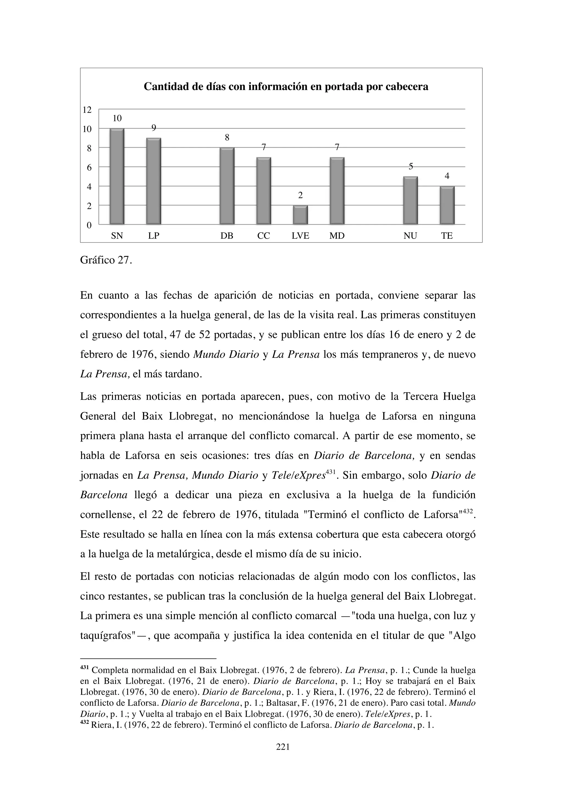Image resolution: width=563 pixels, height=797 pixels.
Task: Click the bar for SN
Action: pyautogui.click(x=117, y=177)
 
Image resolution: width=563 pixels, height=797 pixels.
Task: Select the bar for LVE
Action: pyautogui.click(x=300, y=215)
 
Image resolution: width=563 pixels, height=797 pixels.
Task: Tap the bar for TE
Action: pyautogui.click(x=447, y=206)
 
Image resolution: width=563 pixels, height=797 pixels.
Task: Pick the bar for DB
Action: pyautogui.click(x=227, y=186)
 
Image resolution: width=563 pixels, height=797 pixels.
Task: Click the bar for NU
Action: pyautogui.click(x=410, y=201)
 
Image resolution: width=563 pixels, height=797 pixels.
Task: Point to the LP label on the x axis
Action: pyautogui.click(x=154, y=236)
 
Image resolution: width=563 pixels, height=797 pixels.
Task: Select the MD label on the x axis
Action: pyautogui.click(x=337, y=236)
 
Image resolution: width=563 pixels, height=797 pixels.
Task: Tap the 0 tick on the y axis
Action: pyautogui.click(x=89, y=226)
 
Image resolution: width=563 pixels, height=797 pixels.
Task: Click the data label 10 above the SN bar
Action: pyautogui.click(x=117, y=118)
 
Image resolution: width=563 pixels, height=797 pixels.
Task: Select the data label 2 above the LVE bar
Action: pyautogui.click(x=300, y=195)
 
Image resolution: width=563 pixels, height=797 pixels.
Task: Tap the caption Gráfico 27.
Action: pyautogui.click(x=106, y=260)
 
